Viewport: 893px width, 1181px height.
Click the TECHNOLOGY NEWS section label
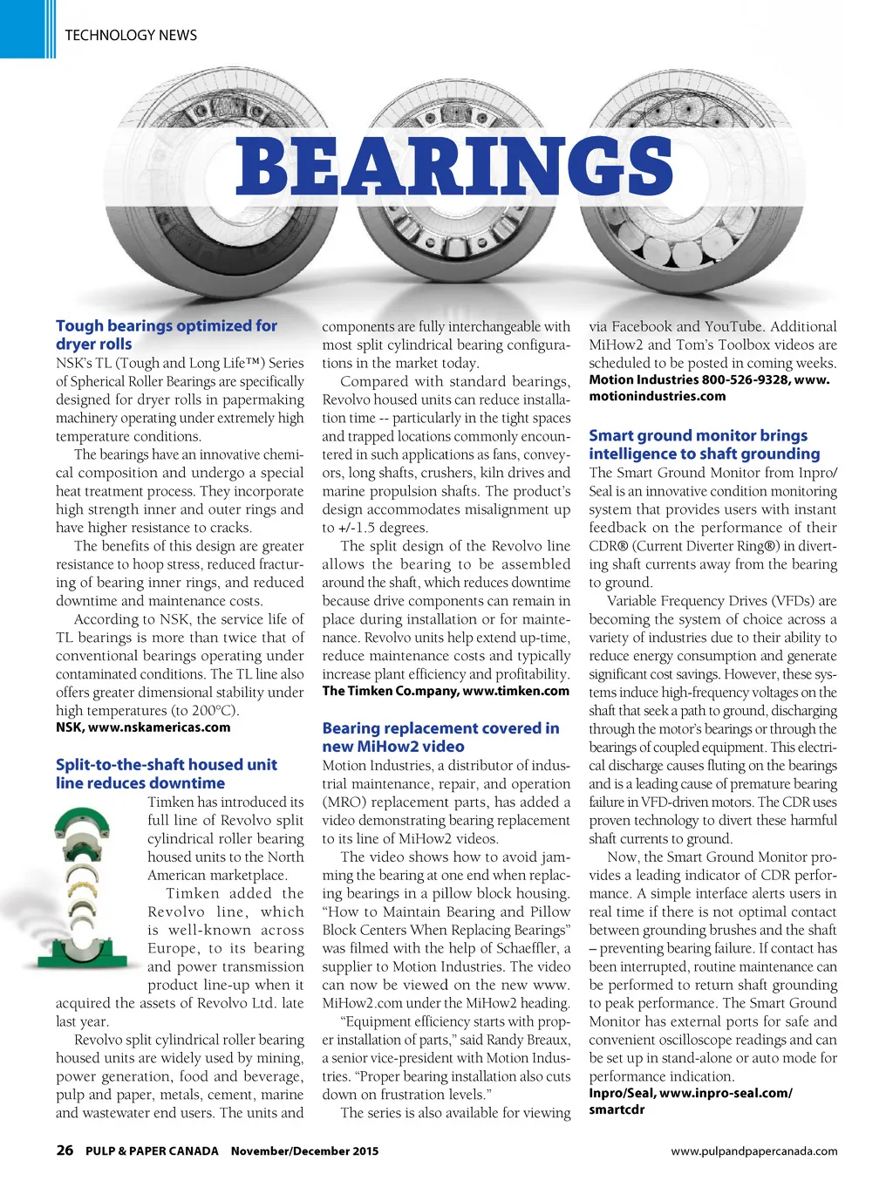(131, 35)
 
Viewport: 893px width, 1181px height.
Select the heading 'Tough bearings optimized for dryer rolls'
(166, 335)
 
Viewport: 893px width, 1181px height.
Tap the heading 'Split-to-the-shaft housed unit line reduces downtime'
(166, 774)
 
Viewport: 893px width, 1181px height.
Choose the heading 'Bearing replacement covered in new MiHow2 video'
(440, 737)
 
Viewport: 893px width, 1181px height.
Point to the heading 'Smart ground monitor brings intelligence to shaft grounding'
(704, 444)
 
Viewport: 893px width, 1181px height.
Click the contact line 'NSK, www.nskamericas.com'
(143, 727)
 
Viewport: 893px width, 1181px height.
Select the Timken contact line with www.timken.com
(446, 691)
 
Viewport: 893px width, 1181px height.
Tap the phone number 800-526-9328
(744, 379)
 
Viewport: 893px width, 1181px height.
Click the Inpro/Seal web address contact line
(690, 1101)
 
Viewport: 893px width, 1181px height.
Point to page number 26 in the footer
(65, 1150)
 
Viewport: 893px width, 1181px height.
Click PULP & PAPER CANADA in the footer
(152, 1151)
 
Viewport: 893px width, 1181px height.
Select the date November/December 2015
(304, 1151)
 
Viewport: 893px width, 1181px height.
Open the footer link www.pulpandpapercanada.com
(753, 1151)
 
